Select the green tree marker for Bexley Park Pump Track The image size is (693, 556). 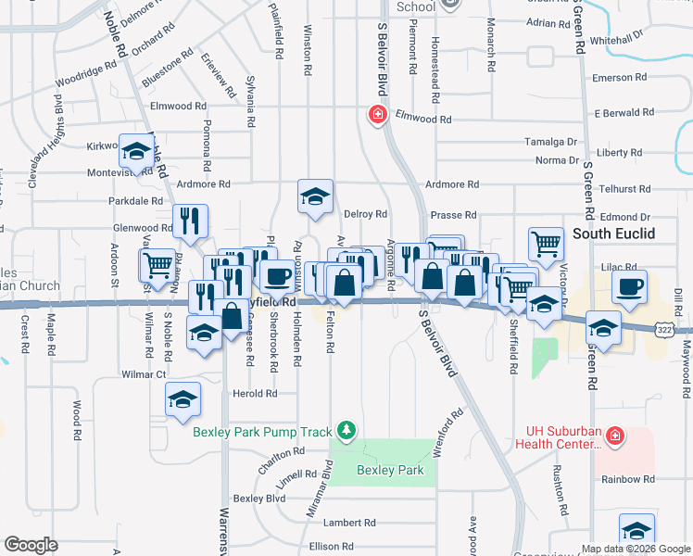[346, 430]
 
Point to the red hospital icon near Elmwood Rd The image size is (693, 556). [377, 116]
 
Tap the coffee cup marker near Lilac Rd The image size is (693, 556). [630, 287]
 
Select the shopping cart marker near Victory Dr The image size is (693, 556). [546, 246]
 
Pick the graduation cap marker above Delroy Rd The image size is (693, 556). [315, 196]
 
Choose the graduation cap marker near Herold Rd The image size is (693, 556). [183, 399]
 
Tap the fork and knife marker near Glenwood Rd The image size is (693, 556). [190, 221]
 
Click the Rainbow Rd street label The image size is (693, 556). [627, 479]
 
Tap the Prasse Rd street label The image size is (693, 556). [453, 214]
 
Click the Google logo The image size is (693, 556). [31, 545]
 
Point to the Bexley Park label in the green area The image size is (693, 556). [390, 470]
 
